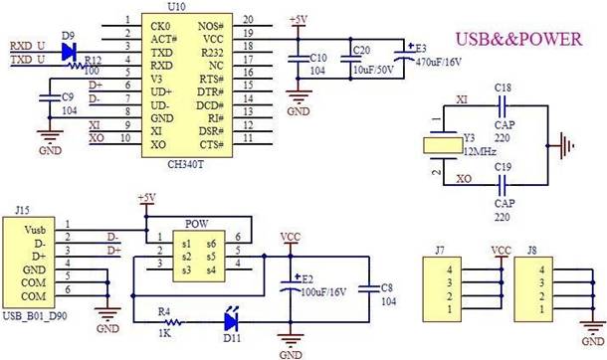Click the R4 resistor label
166,311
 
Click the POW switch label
197,224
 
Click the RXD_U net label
27,46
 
